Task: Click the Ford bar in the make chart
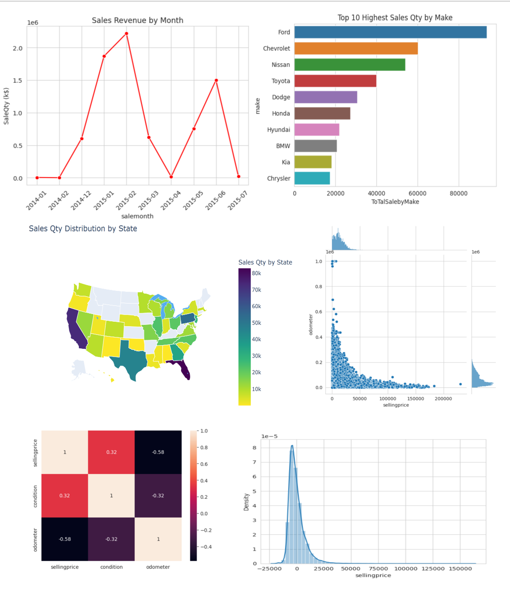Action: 390,32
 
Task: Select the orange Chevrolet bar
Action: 356,48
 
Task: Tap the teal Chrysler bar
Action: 312,178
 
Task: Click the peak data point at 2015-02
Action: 127,34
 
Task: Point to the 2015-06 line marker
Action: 216,81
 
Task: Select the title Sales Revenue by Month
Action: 137,20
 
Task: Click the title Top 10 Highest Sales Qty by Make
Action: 395,18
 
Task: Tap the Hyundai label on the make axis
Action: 278,130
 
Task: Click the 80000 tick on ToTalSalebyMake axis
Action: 458,193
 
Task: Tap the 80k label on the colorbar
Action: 257,274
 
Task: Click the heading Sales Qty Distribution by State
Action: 83,229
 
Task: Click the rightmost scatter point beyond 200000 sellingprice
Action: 460,384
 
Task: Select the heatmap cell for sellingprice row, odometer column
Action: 158,452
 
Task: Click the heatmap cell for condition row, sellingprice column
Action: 65,495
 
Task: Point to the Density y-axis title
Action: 246,502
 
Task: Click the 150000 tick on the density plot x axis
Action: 460,569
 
